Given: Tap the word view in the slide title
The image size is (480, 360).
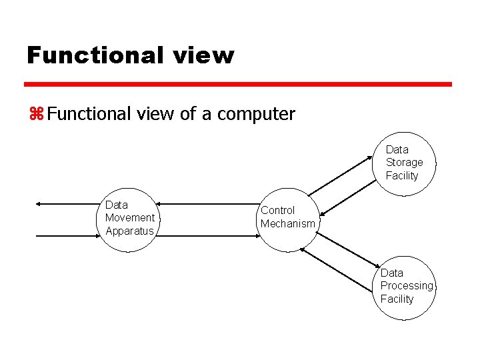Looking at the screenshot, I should (x=208, y=55).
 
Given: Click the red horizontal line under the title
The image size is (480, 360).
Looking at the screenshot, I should (x=238, y=85).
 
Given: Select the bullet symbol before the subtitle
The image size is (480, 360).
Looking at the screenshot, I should (x=35, y=114).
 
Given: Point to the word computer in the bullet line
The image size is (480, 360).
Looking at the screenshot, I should (x=256, y=114).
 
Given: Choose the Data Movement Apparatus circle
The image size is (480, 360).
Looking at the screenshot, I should (x=129, y=219).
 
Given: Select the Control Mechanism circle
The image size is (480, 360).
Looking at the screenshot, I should (x=287, y=218).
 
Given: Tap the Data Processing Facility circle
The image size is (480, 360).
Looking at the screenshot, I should (x=403, y=287).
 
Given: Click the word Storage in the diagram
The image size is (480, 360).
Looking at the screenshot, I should (x=404, y=163).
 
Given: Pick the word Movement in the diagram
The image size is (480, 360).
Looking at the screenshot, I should (x=129, y=218).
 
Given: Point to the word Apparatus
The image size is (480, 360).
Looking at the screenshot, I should (x=129, y=231).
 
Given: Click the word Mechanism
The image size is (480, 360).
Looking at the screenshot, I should (x=288, y=224).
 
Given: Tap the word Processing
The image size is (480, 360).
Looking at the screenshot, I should (x=407, y=286).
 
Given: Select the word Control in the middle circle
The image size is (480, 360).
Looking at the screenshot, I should (x=277, y=211).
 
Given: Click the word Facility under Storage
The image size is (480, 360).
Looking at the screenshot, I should (x=402, y=176).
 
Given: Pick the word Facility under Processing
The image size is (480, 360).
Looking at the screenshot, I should (x=397, y=299).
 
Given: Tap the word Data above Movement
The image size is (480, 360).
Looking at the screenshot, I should (x=117, y=205).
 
